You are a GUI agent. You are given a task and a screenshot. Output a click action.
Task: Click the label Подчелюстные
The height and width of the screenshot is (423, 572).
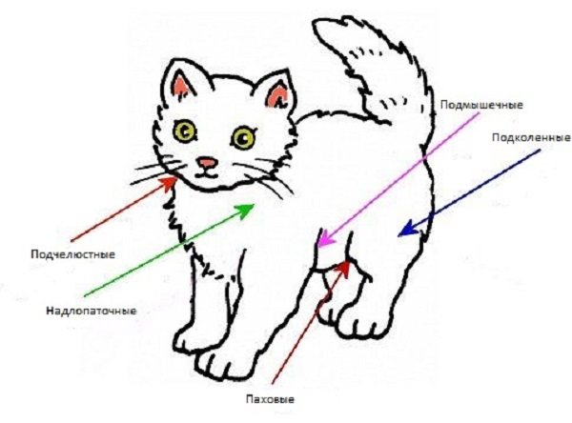[73, 254]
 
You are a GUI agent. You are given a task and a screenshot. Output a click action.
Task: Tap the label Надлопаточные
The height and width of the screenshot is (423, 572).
[92, 311]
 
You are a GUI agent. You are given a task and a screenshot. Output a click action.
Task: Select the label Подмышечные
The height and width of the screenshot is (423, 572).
[481, 105]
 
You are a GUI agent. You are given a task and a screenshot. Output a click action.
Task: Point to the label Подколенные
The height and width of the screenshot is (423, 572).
[531, 137]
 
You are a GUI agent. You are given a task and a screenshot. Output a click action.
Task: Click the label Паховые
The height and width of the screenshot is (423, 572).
[270, 399]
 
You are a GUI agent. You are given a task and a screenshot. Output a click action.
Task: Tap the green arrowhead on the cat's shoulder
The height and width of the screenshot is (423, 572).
[245, 211]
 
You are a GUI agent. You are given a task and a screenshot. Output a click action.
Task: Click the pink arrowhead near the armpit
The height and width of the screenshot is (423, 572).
[325, 239]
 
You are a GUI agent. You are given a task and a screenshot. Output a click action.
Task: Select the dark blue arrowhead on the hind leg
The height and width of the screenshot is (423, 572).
[408, 229]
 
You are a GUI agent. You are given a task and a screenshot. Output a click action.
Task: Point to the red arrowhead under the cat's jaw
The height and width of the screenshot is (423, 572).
[168, 183]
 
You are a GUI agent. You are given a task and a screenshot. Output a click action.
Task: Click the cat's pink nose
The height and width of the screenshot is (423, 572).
[207, 163]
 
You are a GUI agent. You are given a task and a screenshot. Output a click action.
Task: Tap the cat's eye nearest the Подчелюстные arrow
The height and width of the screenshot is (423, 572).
[185, 131]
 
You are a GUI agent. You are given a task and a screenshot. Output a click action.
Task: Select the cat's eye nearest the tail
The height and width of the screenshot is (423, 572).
[243, 137]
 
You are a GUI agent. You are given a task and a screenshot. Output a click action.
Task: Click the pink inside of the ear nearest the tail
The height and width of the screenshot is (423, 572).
[277, 95]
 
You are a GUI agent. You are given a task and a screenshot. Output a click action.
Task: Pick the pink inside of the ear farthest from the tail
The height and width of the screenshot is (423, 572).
[181, 88]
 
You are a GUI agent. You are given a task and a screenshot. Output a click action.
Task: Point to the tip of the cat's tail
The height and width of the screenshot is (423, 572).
[317, 25]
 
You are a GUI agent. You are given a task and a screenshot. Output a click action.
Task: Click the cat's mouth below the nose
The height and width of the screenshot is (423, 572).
[206, 174]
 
